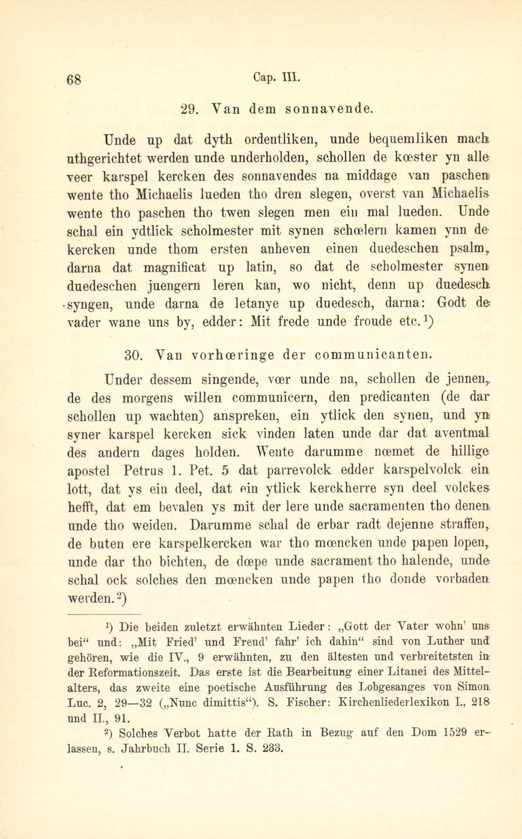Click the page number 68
click(74, 80)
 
